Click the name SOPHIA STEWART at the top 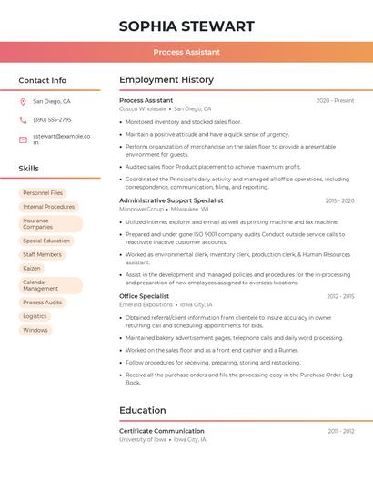coord(186,26)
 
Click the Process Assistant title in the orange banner coord(186,52)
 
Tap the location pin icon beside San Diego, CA coord(23,102)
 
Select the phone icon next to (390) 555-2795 coord(23,120)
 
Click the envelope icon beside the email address coord(23,139)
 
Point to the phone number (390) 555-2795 coord(52,120)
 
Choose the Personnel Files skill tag coord(43,193)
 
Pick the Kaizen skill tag coord(32,269)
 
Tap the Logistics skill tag coord(35,316)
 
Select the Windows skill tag coord(35,330)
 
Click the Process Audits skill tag coord(43,303)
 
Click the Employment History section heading coord(166,80)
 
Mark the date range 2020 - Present coord(335,101)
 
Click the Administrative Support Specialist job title coord(171,200)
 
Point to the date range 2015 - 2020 coord(339,200)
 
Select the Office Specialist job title coord(144,296)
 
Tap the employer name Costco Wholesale coord(143,109)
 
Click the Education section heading coord(142,411)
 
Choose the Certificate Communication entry coord(162,431)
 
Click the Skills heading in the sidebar coord(29,169)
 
